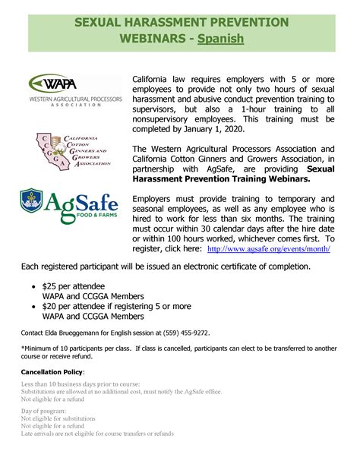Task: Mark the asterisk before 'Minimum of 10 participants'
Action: [x=23, y=349]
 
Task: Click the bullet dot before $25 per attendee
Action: [x=31, y=286]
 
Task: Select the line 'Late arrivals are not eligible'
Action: [x=97, y=434]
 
